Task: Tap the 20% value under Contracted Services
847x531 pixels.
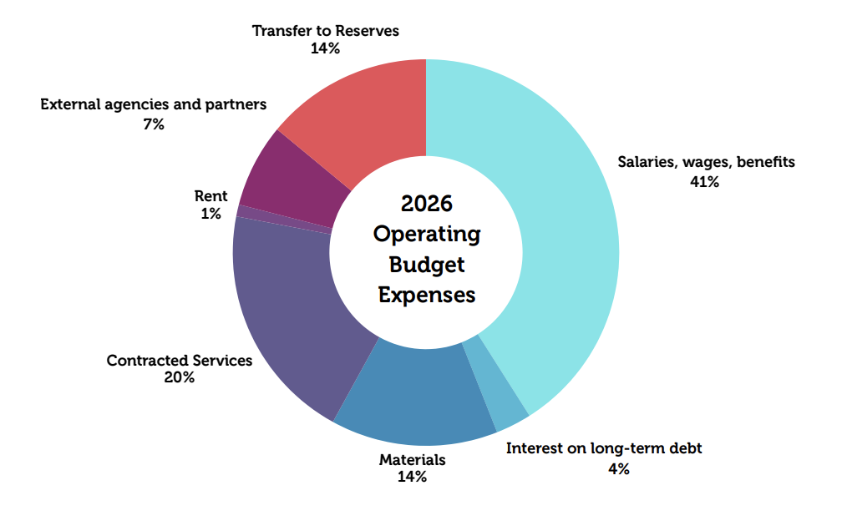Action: [180, 377]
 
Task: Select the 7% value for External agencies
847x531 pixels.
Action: [153, 124]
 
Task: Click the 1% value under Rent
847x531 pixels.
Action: [210, 214]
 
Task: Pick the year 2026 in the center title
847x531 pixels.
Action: [426, 204]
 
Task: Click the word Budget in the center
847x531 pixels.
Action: [426, 265]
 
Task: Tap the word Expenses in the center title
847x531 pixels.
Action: [426, 295]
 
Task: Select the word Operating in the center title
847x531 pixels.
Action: [426, 234]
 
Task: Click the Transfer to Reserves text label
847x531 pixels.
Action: [326, 31]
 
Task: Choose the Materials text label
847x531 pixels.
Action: [413, 459]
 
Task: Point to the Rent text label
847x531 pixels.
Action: [210, 196]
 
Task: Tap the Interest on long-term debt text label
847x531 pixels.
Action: [604, 448]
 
